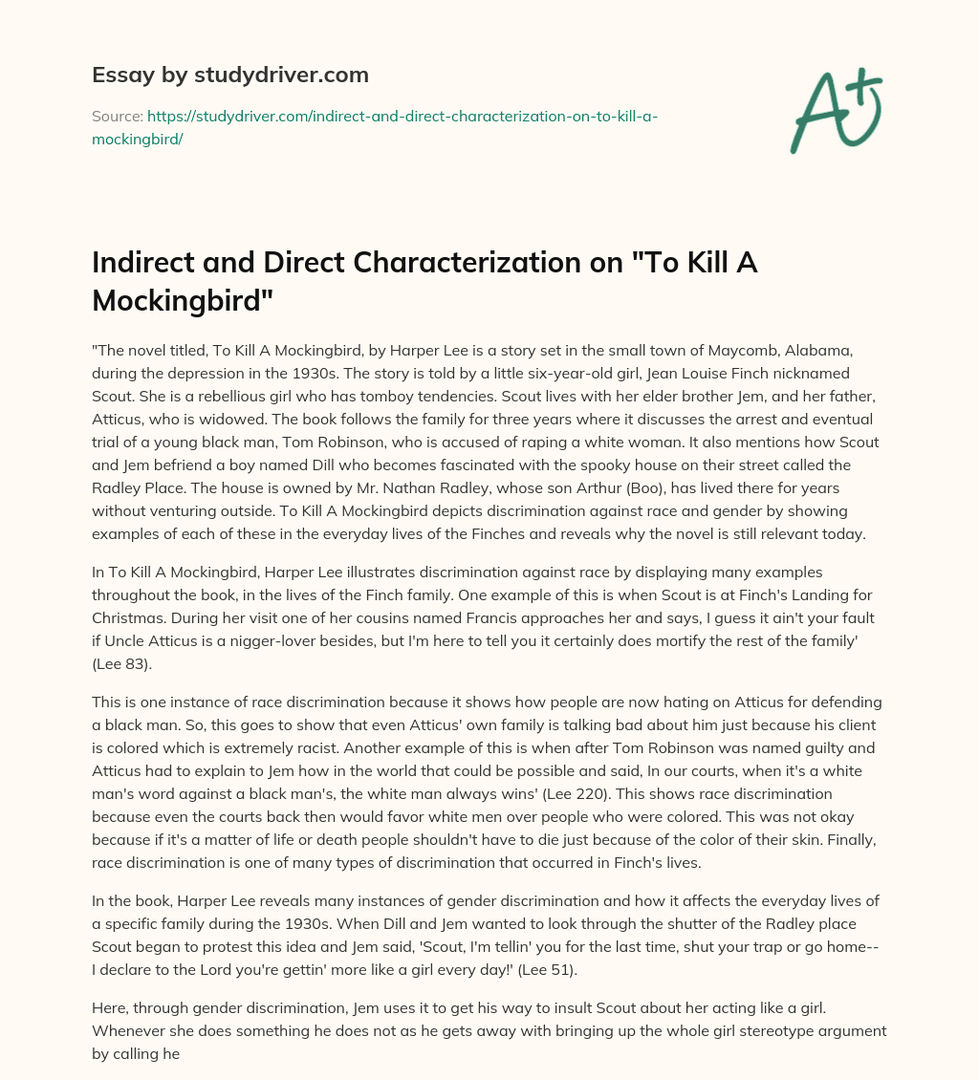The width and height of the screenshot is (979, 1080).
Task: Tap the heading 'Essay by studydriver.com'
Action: [x=230, y=74]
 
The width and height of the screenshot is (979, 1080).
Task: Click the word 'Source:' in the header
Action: [x=117, y=116]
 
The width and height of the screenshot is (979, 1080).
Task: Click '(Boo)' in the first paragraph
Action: [x=639, y=487]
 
